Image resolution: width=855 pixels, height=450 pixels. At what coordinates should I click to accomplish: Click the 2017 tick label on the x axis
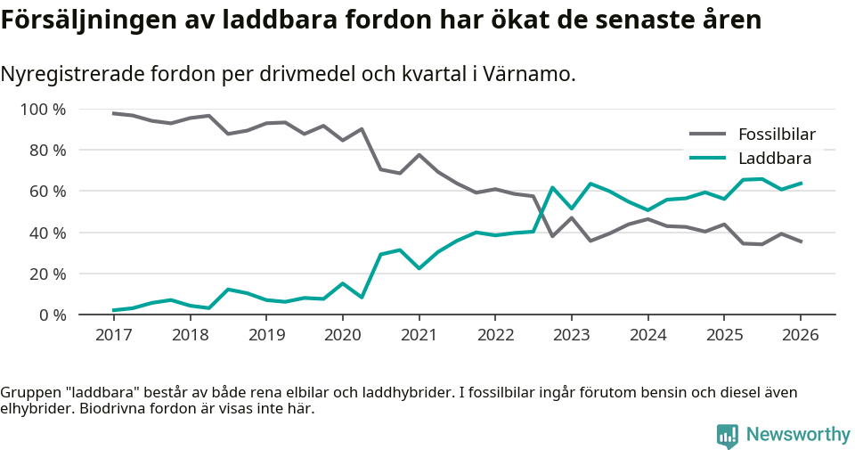coord(113,335)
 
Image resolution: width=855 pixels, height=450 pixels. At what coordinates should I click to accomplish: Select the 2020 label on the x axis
coord(342,335)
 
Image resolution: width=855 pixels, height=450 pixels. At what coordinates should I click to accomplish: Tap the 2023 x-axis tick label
coord(571,335)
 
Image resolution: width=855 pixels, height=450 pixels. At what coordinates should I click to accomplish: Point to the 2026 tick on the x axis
coord(800,335)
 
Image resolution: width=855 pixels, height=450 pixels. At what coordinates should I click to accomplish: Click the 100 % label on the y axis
coord(44,110)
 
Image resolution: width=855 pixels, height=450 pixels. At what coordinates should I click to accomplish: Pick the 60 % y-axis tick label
coord(47,192)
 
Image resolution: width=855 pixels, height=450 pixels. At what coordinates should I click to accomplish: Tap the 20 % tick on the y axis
coord(47,274)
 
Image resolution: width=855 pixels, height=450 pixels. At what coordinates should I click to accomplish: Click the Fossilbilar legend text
coord(777,135)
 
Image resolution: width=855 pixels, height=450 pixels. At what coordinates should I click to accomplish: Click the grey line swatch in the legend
coord(708,135)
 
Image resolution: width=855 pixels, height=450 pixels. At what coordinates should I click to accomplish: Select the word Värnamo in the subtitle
coord(531,74)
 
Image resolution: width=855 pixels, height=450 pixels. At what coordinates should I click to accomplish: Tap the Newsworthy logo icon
coord(728,435)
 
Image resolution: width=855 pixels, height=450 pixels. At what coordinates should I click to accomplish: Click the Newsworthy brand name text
coord(798,435)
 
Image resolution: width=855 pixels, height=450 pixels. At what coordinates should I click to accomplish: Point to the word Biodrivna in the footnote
coord(116,409)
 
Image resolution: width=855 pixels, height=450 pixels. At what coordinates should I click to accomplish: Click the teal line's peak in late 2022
coord(552,187)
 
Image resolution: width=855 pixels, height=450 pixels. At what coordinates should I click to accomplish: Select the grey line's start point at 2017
coord(113,113)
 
